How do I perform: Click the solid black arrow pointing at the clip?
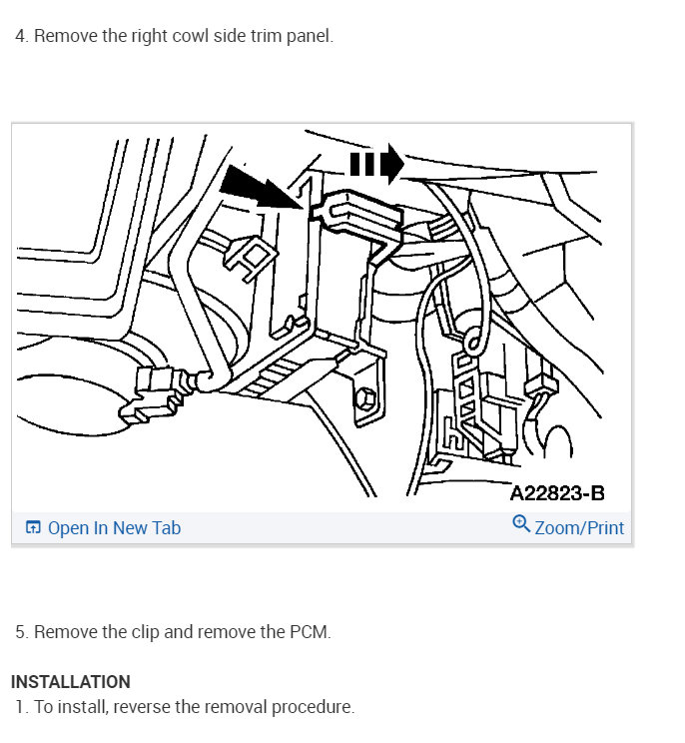pyautogui.click(x=257, y=186)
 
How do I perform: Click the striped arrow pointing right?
pyautogui.click(x=376, y=162)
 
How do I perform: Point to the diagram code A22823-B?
pyautogui.click(x=556, y=493)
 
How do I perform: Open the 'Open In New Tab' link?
pyautogui.click(x=114, y=527)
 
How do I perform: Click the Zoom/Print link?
pyautogui.click(x=579, y=527)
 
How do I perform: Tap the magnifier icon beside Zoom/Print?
pyautogui.click(x=520, y=525)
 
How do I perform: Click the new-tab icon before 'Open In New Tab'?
pyautogui.click(x=33, y=527)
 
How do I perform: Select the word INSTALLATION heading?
pyautogui.click(x=71, y=682)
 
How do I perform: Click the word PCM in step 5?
pyautogui.click(x=313, y=632)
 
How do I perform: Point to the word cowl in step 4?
pyautogui.click(x=177, y=36)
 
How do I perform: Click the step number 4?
pyautogui.click(x=21, y=36)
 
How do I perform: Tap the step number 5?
pyautogui.click(x=21, y=632)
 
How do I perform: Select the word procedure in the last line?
pyautogui.click(x=315, y=707)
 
